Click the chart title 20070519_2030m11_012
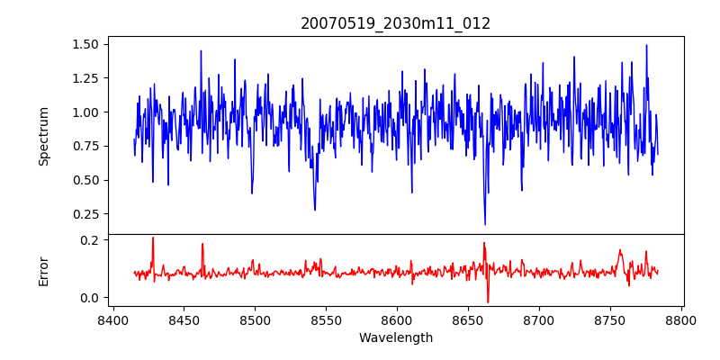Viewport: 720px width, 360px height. tap(395, 23)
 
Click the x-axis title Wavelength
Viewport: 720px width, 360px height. tap(395, 338)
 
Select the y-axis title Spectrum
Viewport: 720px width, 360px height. tap(44, 136)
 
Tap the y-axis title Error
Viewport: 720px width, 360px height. tap(44, 271)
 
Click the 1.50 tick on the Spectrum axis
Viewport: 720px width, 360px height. tap(85, 44)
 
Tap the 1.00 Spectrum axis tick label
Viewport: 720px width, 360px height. tap(85, 112)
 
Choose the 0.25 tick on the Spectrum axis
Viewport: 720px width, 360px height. tap(85, 214)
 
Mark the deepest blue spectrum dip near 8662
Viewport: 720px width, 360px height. tap(485, 224)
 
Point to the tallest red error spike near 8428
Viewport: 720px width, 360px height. tap(153, 238)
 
